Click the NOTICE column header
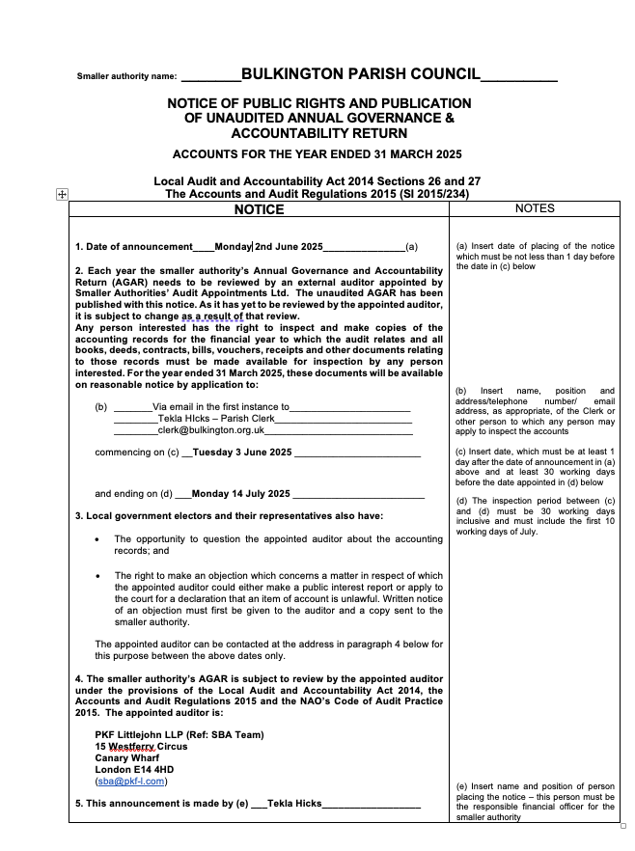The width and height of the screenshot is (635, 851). point(259,209)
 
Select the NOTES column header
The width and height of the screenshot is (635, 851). point(535,207)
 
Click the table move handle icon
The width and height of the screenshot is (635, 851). point(62,194)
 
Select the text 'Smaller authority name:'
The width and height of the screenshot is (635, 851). point(126,76)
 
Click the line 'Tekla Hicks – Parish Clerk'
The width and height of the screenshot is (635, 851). point(207,419)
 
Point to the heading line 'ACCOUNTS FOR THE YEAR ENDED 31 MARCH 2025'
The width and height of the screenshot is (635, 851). point(317,154)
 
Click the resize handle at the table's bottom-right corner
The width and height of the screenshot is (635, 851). point(621,826)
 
